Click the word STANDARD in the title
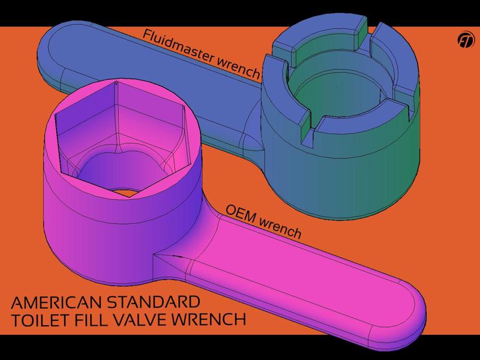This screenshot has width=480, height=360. tap(161, 301)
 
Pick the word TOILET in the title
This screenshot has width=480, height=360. tap(37, 319)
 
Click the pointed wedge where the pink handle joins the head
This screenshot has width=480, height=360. tap(168, 259)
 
